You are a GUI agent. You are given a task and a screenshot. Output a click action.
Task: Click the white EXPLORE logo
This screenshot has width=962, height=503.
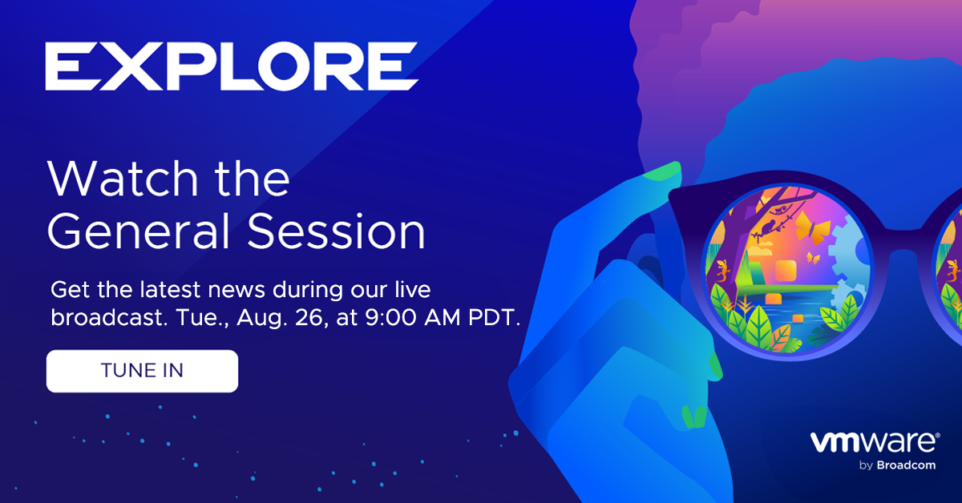point(232,66)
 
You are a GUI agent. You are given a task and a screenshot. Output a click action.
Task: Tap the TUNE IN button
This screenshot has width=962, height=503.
point(142,371)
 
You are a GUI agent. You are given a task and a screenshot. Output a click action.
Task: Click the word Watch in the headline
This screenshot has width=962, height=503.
point(123,179)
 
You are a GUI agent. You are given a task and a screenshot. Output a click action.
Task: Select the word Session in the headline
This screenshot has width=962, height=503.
point(336,231)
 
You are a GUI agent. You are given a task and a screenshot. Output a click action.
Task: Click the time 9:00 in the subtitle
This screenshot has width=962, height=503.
point(391,318)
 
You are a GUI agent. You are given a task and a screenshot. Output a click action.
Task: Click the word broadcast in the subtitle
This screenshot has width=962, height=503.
point(107,318)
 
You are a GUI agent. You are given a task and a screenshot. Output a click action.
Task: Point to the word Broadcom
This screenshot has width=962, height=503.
point(906,465)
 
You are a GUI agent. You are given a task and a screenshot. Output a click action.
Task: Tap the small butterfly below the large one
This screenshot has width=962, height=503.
point(813,258)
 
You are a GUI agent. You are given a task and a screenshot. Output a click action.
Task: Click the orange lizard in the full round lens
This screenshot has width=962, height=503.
point(723,272)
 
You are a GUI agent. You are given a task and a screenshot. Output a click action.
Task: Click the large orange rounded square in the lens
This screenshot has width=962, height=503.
point(786,272)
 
